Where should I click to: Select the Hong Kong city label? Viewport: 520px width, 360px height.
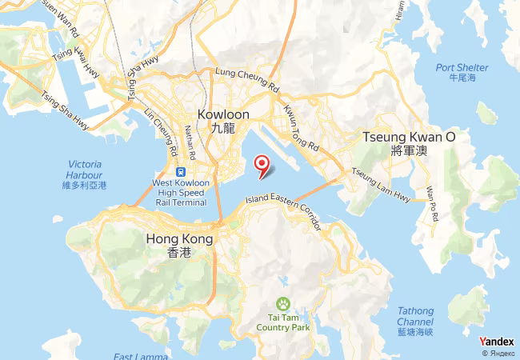click(180, 244)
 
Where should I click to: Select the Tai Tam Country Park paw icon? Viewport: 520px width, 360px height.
click(283, 304)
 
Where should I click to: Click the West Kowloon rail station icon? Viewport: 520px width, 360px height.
click(182, 171)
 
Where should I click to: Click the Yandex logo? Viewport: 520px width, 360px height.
click(496, 342)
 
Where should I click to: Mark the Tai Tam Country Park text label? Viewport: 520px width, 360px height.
click(282, 322)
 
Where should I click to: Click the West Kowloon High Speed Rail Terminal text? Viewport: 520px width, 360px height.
click(186, 192)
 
